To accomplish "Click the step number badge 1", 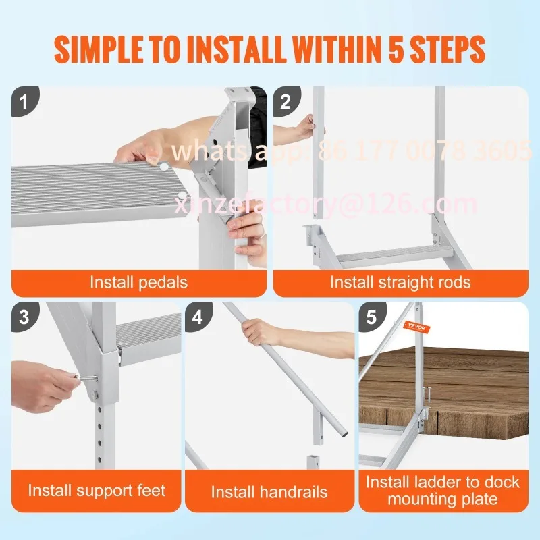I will pyautogui.click(x=25, y=102).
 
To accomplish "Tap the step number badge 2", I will pyautogui.click(x=286, y=102).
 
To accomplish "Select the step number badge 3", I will pyautogui.click(x=25, y=317).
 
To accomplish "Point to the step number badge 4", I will pyautogui.click(x=198, y=317).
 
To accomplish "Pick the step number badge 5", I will pyautogui.click(x=371, y=317).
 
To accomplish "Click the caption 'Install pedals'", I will pyautogui.click(x=139, y=281).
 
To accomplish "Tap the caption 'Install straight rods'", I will pyautogui.click(x=400, y=281).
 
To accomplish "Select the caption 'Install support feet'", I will pyautogui.click(x=97, y=490).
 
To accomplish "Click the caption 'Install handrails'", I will pyautogui.click(x=269, y=492).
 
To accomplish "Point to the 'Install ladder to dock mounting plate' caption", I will pyautogui.click(x=443, y=491).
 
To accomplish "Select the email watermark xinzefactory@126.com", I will pyautogui.click(x=327, y=204).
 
